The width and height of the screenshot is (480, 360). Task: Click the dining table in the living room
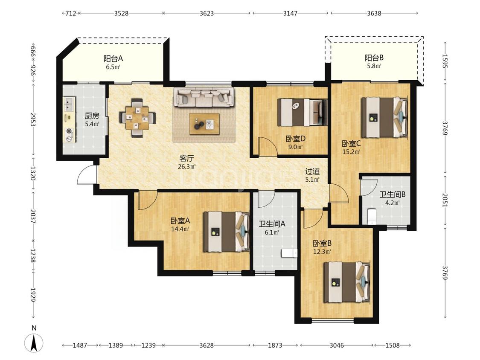(x=137, y=118)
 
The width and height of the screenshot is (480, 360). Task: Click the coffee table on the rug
(x=204, y=124)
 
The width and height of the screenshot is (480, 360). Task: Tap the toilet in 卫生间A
(x=289, y=254)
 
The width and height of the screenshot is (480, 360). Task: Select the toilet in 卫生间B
(x=372, y=217)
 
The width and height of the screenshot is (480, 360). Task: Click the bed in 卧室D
(x=302, y=112)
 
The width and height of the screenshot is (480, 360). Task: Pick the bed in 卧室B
(x=347, y=282)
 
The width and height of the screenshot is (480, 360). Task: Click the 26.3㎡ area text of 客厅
(x=187, y=167)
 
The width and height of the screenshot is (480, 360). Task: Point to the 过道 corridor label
(x=312, y=171)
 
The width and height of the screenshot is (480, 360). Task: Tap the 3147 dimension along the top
(x=290, y=13)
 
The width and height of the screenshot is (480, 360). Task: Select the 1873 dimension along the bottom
(x=275, y=345)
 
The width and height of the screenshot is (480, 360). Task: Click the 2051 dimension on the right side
(x=445, y=200)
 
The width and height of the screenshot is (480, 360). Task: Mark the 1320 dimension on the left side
(x=33, y=173)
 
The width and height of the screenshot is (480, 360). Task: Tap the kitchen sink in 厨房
(x=70, y=104)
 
